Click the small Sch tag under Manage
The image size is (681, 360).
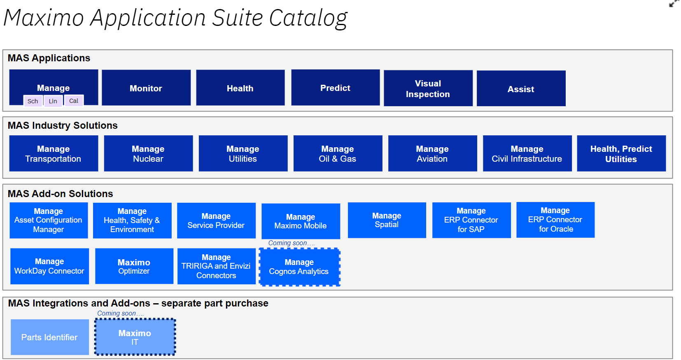coord(33,101)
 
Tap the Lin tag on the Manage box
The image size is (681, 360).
coord(53,101)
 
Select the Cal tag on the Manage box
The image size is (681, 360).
coord(74,101)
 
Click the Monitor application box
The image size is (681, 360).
coord(146,88)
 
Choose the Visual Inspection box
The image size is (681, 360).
coord(428,88)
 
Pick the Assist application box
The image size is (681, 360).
coord(521,89)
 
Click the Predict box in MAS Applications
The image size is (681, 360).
coord(335,88)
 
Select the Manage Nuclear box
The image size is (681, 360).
coord(148,153)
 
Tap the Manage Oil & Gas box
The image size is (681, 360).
coord(338,153)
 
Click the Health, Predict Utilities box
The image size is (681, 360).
coord(621,153)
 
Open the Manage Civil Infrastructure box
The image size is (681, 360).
coord(527,153)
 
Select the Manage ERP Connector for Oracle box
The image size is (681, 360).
coord(555,220)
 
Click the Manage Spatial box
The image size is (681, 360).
coord(387,220)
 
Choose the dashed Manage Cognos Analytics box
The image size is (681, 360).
coord(299,267)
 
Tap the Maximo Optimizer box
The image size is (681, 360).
coord(134,266)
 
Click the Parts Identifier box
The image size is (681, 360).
coord(49,337)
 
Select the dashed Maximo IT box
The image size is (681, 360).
coord(135,337)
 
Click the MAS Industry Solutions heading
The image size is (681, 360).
coord(63,125)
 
